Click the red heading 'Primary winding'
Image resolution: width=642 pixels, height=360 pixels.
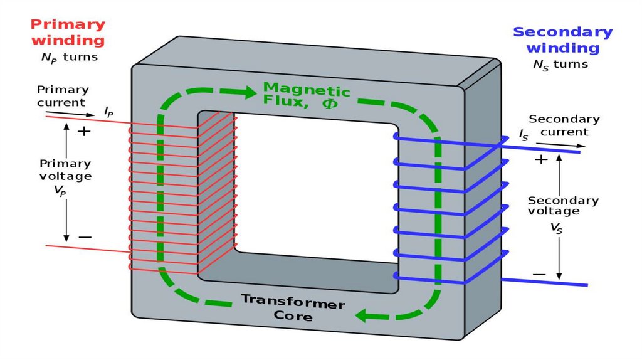[x=68, y=33]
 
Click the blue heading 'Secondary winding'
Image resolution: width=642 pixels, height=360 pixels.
[x=562, y=40]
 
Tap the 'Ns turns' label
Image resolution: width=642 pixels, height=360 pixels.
[x=560, y=64]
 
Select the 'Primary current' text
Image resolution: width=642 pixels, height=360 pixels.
[x=62, y=95]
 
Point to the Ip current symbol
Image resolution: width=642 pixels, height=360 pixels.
[x=108, y=112]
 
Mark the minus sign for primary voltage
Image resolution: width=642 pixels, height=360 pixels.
[x=85, y=237]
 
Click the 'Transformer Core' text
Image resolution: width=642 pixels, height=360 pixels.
[x=293, y=308]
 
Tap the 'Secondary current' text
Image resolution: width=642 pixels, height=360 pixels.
[x=564, y=125]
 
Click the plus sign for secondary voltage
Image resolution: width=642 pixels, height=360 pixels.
[x=540, y=159]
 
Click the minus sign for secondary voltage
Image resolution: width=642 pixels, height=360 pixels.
[x=539, y=275]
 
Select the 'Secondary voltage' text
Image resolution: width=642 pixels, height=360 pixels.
[x=562, y=206]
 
